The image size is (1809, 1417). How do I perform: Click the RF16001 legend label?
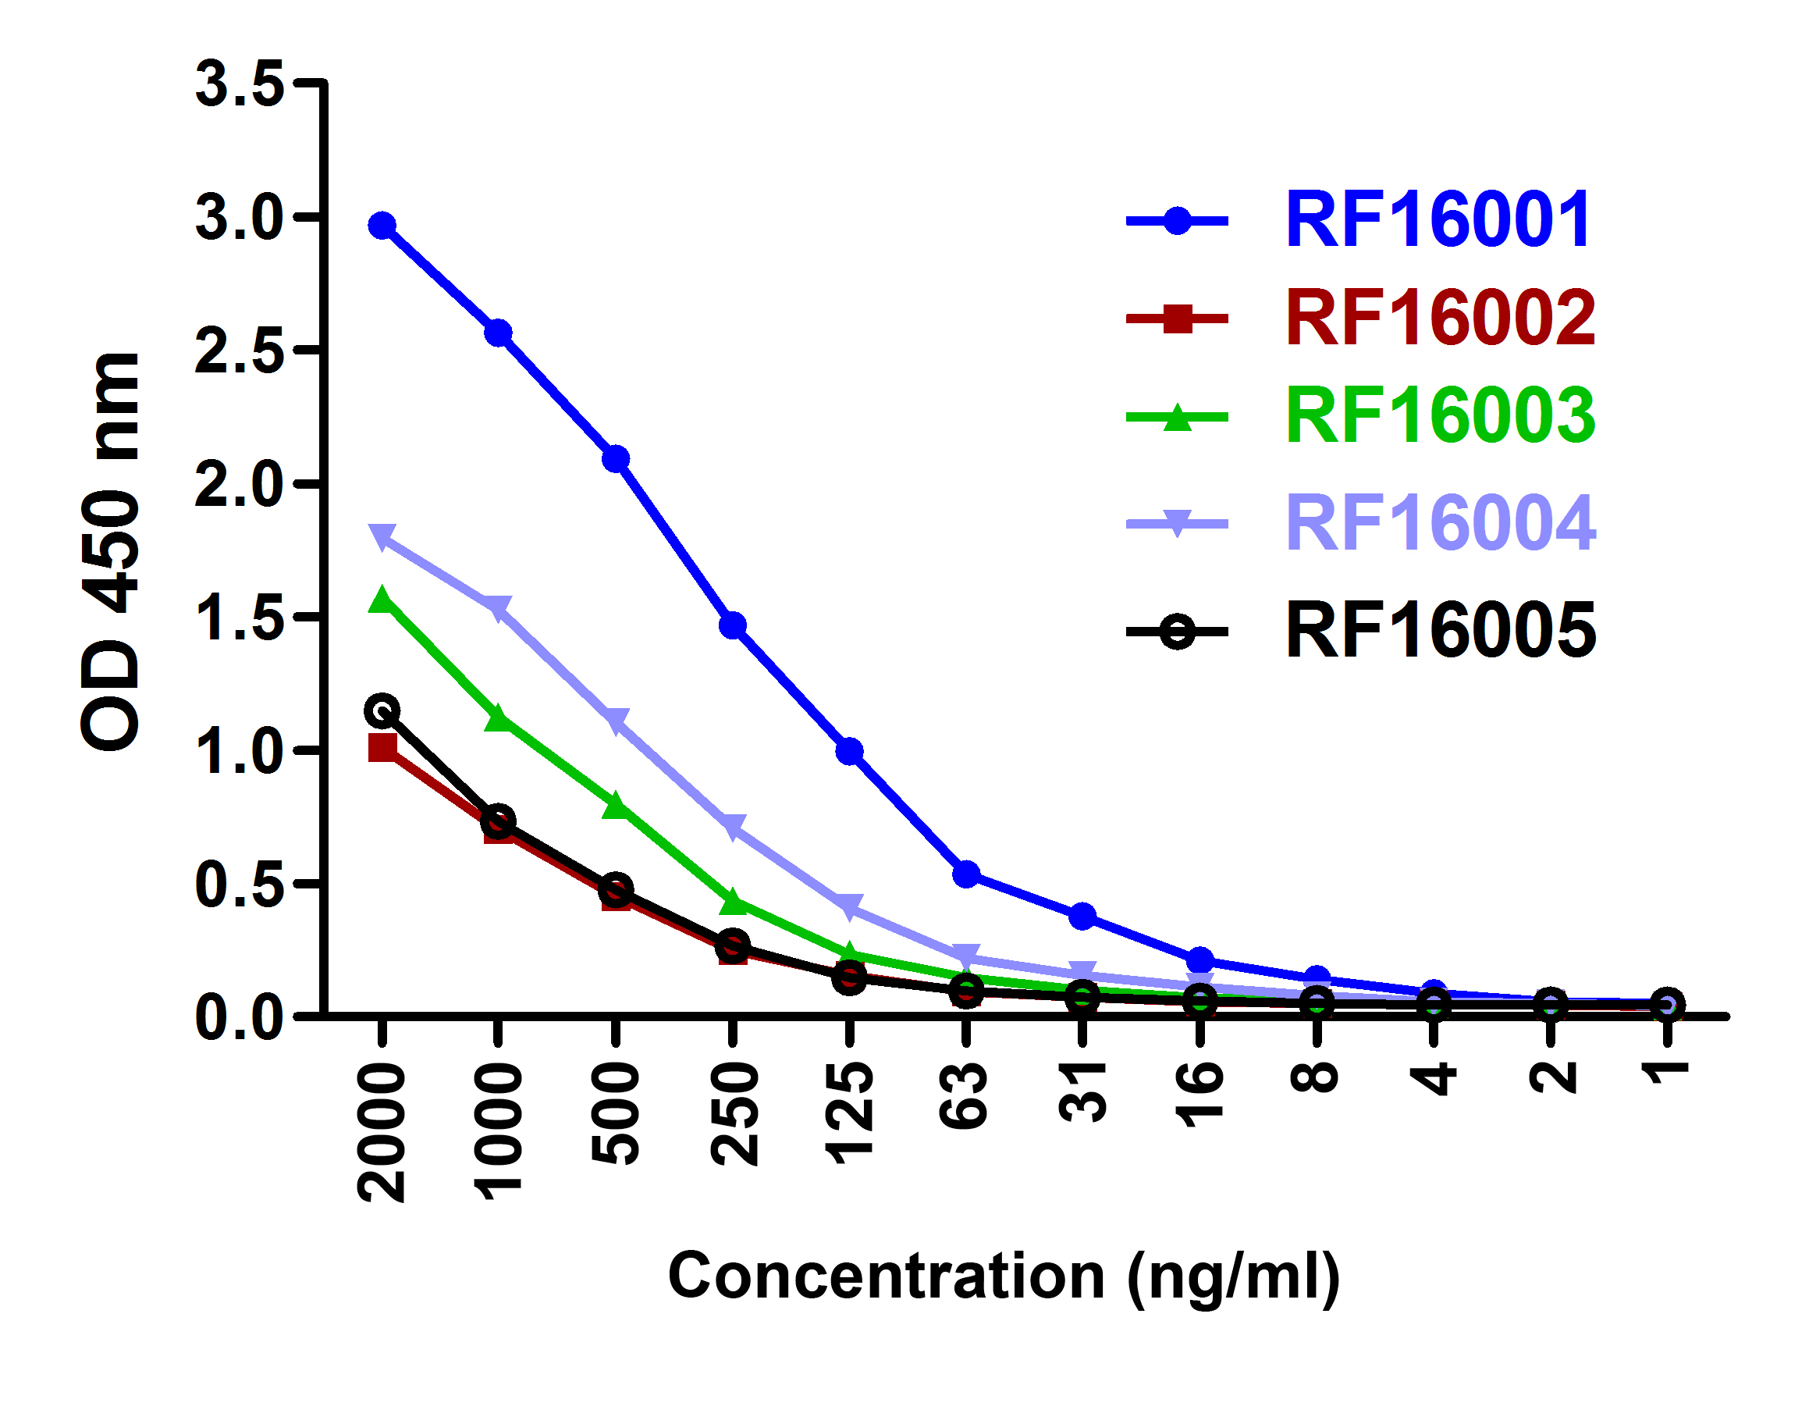[1438, 221]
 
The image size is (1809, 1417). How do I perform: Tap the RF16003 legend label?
[1440, 415]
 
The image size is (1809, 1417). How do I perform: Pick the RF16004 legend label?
[1440, 522]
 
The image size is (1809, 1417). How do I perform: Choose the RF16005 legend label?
[1440, 632]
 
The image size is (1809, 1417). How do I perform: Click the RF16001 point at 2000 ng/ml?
[382, 226]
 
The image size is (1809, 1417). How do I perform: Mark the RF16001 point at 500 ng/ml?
[616, 459]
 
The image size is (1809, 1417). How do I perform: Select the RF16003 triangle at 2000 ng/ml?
[382, 600]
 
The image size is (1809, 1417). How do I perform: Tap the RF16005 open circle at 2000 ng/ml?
[382, 710]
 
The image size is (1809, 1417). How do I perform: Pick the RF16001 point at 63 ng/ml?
[966, 874]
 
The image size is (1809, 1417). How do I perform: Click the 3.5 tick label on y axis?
[240, 84]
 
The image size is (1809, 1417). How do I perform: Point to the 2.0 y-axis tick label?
[240, 485]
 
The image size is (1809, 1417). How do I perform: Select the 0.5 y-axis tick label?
[240, 885]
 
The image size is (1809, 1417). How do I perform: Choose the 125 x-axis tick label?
[849, 1113]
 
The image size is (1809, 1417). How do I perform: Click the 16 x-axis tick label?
[1200, 1095]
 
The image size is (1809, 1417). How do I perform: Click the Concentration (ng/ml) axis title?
[1004, 1275]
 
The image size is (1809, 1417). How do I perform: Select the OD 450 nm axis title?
[112, 552]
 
